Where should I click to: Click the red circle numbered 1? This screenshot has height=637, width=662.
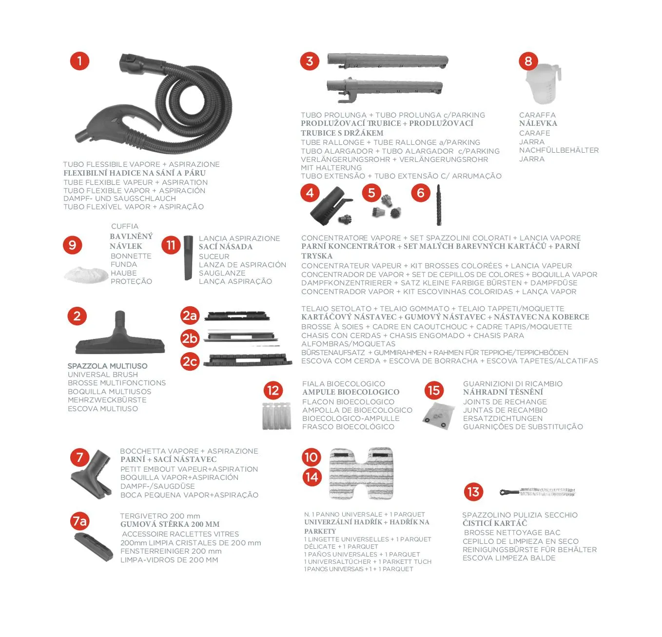(79, 61)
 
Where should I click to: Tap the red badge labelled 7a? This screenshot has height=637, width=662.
(80, 521)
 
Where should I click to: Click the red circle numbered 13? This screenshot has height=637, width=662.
(473, 492)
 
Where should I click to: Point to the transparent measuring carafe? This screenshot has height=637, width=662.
(543, 84)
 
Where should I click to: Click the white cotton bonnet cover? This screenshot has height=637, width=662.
(86, 274)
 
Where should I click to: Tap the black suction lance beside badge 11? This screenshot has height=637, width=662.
(188, 258)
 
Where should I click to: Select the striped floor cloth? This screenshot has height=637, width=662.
(361, 473)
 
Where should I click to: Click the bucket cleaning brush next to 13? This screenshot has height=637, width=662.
(537, 492)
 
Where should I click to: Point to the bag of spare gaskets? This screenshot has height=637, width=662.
(438, 416)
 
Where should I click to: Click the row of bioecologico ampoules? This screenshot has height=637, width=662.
(277, 416)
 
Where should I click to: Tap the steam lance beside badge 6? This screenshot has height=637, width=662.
(439, 205)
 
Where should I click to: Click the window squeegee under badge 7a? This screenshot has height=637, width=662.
(94, 547)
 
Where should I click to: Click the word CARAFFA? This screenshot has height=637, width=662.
(538, 115)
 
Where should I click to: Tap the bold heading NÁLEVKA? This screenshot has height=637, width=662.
(538, 123)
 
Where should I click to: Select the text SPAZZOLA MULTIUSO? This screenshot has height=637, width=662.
(108, 366)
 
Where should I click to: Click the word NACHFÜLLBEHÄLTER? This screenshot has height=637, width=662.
(559, 150)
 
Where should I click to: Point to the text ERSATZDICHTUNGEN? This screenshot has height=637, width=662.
(503, 418)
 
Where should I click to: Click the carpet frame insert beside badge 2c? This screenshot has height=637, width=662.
(248, 360)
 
